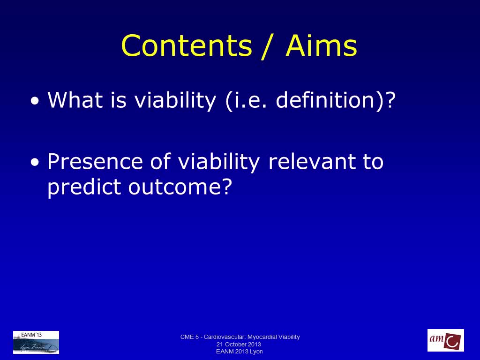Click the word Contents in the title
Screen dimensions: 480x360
pyautogui.click(x=187, y=45)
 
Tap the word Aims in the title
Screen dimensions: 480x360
pyautogui.click(x=322, y=45)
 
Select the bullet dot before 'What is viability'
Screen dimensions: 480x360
pyautogui.click(x=35, y=101)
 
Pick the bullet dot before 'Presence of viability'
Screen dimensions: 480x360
pyautogui.click(x=35, y=162)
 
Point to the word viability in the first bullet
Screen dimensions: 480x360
pyautogui.click(x=175, y=101)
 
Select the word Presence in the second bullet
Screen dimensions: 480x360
pyautogui.click(x=95, y=161)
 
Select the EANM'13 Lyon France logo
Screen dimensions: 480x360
pyautogui.click(x=36, y=342)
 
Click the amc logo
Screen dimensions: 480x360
pyautogui.click(x=446, y=340)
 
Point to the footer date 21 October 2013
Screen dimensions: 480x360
pyautogui.click(x=239, y=345)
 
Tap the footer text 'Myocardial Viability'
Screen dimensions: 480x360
pyautogui.click(x=274, y=337)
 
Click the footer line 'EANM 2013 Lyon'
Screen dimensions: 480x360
pyautogui.click(x=240, y=352)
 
